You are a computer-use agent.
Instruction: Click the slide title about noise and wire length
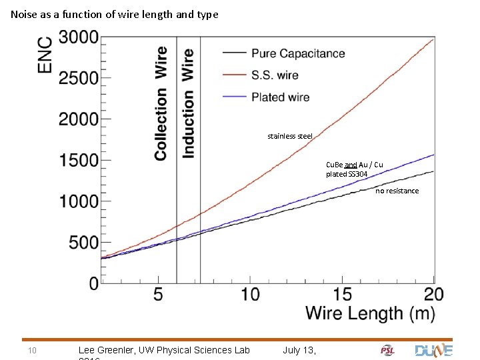114,14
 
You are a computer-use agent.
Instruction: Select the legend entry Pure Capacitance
297,53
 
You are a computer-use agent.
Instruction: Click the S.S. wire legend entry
275,75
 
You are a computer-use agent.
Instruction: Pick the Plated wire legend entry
280,97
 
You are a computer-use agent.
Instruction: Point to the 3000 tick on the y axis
79,37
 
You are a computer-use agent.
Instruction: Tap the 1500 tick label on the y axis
79,161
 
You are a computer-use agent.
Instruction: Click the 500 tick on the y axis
84,243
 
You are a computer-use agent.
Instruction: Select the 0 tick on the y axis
93,283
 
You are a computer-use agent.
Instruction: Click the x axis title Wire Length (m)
370,313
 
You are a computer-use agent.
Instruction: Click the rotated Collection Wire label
161,103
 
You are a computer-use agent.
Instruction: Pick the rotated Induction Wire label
189,103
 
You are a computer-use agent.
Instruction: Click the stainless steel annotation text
289,136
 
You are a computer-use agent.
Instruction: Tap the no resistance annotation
397,191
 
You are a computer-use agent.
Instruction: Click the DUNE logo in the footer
433,350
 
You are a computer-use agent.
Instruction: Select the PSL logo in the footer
387,350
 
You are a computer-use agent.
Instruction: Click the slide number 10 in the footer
31,350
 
